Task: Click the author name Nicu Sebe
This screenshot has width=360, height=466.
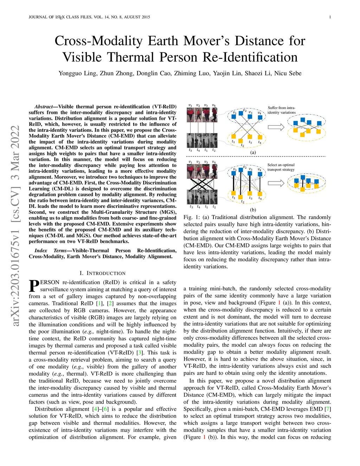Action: (x=288, y=73)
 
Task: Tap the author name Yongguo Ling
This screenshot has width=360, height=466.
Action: (x=77, y=73)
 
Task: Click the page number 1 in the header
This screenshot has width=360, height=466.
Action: (x=330, y=17)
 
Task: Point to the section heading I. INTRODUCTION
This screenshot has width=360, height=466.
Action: (x=102, y=273)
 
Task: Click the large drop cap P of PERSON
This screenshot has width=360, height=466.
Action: (x=34, y=286)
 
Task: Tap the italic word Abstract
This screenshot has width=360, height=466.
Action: (x=44, y=107)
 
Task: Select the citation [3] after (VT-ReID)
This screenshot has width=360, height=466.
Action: (x=140, y=352)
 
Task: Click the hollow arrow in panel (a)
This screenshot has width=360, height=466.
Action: (x=278, y=127)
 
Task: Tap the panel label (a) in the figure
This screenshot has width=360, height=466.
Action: (x=253, y=152)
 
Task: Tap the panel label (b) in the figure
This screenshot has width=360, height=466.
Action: (x=253, y=210)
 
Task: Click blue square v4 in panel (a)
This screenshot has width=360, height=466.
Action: (x=259, y=117)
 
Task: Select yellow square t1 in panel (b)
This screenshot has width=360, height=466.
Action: (x=233, y=193)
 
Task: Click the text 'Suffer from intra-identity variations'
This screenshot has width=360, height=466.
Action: (x=282, y=110)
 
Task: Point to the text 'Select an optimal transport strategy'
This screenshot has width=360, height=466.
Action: (x=281, y=167)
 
